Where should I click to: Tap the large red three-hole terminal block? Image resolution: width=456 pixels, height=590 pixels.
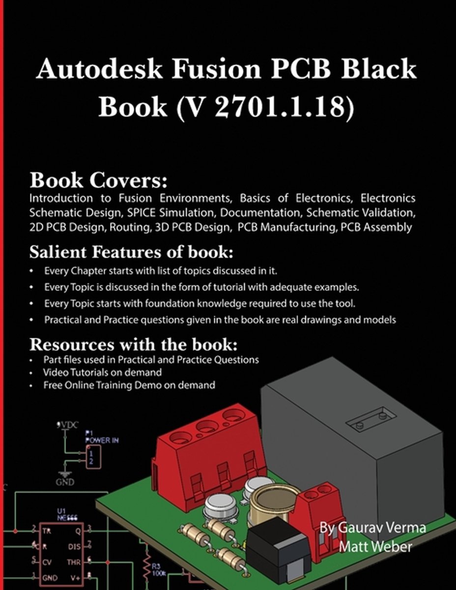point(206,452)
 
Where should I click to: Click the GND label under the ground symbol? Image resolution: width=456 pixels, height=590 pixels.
point(64,482)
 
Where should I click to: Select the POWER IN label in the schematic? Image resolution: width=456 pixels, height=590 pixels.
point(102,440)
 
